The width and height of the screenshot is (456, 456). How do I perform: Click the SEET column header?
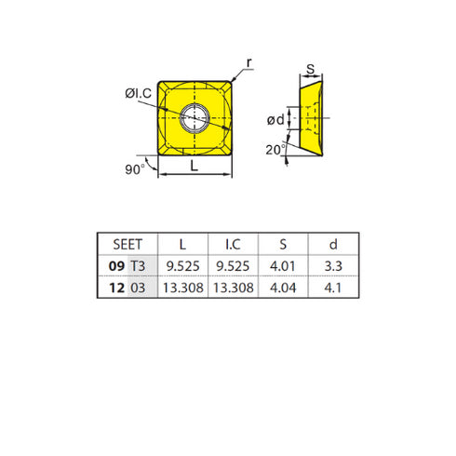tap(127, 245)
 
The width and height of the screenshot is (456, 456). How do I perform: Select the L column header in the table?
tap(182, 245)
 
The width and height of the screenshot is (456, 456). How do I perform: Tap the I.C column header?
tap(233, 245)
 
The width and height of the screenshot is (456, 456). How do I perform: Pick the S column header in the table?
tap(283, 245)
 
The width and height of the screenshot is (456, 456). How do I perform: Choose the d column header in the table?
tap(333, 245)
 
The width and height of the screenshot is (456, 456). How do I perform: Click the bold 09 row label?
tap(116, 266)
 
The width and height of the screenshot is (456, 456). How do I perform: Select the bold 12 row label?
tap(117, 288)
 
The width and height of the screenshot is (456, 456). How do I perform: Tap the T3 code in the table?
tap(138, 266)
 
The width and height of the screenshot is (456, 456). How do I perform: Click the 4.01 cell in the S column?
tap(283, 266)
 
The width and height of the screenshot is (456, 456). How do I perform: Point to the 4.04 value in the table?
tap(283, 288)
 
